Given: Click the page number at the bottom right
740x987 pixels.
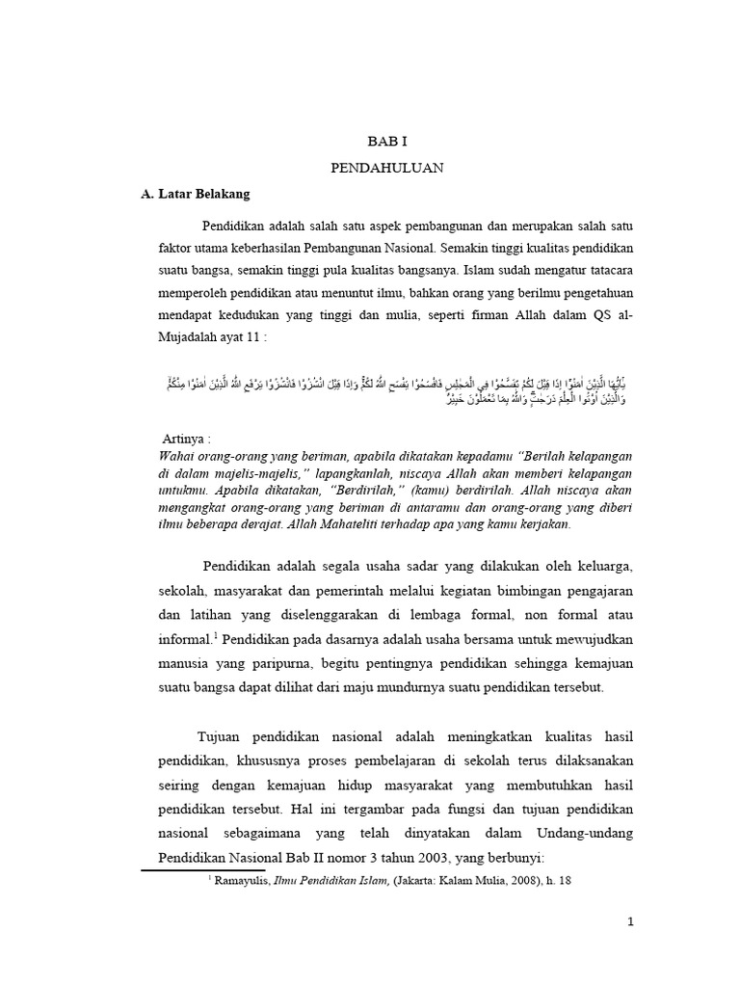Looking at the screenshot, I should (x=630, y=921).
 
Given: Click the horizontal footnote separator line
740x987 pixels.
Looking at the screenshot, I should (x=202, y=869).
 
